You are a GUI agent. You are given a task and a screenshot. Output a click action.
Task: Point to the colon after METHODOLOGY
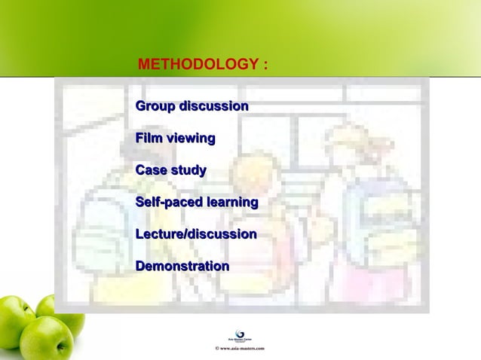[265, 66]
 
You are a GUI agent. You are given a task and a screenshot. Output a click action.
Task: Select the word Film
[149, 139]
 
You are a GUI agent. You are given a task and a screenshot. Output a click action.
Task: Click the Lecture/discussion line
[196, 234]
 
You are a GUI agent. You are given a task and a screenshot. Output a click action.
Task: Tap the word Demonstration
[182, 266]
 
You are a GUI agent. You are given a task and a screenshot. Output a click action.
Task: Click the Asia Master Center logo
[240, 335]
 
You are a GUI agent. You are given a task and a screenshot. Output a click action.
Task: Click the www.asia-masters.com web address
[243, 349]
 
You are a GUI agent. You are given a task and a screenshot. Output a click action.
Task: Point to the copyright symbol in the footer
[218, 349]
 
